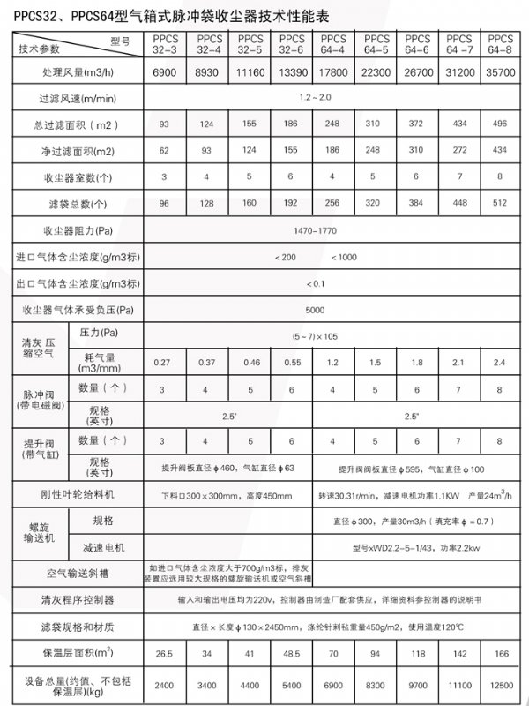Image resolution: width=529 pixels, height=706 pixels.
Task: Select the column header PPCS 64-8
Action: point(500,44)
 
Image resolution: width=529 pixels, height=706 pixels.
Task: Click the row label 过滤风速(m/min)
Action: point(74,97)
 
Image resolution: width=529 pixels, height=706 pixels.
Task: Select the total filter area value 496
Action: point(500,124)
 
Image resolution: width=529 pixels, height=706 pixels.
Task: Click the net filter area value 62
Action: point(163,151)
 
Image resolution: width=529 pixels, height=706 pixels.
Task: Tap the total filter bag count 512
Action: point(500,204)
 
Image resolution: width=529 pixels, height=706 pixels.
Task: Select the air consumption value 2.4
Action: point(500,363)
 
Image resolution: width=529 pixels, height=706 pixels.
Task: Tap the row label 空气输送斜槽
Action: point(74,572)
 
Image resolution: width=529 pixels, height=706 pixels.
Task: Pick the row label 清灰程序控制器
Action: point(74,600)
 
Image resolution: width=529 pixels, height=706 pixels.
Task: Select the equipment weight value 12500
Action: point(500,685)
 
